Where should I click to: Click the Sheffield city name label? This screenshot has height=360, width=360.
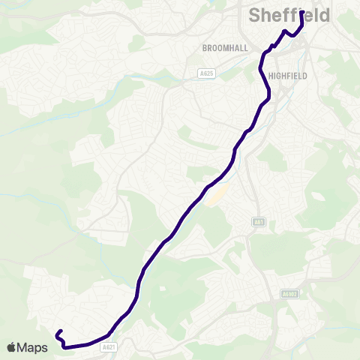tap(289, 16)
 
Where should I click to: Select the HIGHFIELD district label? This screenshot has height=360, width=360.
tap(287, 76)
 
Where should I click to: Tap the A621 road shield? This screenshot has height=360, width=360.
tap(109, 346)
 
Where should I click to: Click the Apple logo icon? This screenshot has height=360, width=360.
tap(13, 347)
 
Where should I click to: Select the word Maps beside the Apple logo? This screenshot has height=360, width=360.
tap(33, 347)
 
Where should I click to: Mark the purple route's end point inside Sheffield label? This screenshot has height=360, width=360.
tap(301, 13)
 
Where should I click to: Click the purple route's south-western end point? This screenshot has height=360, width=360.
tap(58, 333)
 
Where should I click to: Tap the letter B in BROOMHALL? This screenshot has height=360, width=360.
tap(205, 48)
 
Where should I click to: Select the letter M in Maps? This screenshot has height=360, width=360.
tap(25, 347)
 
